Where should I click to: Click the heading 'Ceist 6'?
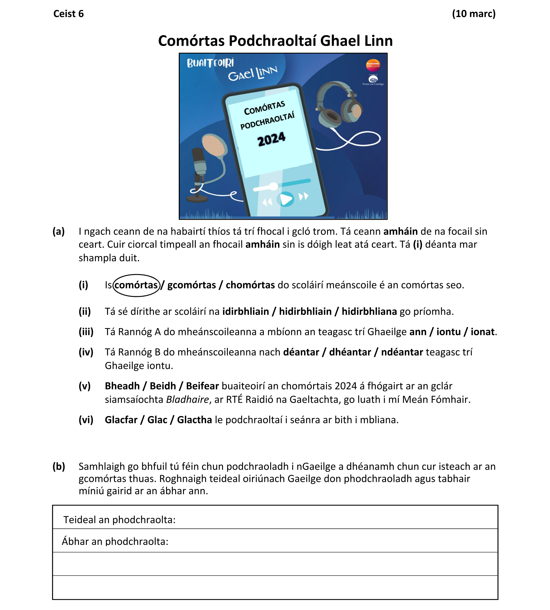pyautogui.click(x=68, y=14)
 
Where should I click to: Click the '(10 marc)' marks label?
pyautogui.click(x=473, y=14)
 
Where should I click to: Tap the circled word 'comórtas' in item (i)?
pyautogui.click(x=136, y=285)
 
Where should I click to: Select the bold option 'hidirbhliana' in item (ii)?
pyautogui.click(x=369, y=311)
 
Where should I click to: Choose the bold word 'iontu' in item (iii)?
pyautogui.click(x=448, y=332)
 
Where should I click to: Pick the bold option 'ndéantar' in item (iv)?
pyautogui.click(x=402, y=352)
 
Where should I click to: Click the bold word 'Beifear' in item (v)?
pyautogui.click(x=202, y=386)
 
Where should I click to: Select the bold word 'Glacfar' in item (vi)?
pyautogui.click(x=121, y=420)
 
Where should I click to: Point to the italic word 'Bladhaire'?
pyautogui.click(x=188, y=400)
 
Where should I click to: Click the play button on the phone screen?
pyautogui.click(x=286, y=199)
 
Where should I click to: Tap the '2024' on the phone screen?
pyautogui.click(x=271, y=139)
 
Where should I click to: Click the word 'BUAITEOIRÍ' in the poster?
pyautogui.click(x=210, y=63)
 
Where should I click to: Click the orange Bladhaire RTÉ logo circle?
pyautogui.click(x=373, y=65)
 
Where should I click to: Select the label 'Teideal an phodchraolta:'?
pyautogui.click(x=119, y=520)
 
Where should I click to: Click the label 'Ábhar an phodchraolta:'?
pyautogui.click(x=115, y=541)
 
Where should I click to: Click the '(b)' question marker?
pyautogui.click(x=59, y=467)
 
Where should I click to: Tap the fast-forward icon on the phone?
pyautogui.click(x=303, y=197)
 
